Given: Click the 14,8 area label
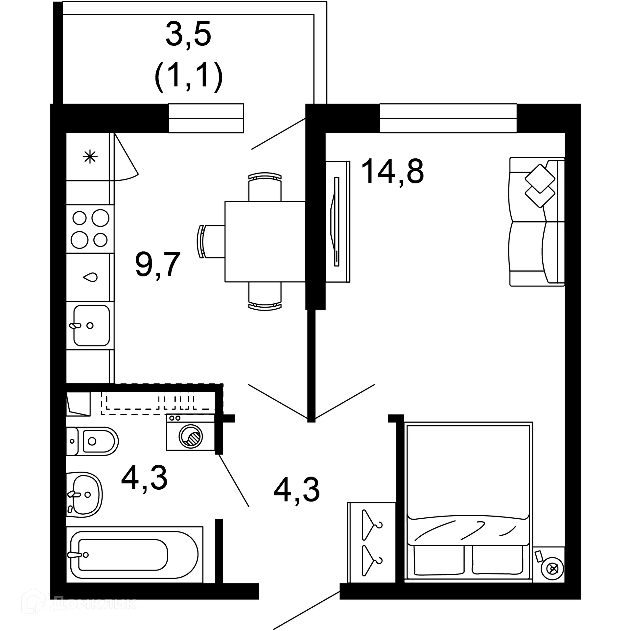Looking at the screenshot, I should click(x=392, y=171).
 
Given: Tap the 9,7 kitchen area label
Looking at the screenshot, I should click(x=158, y=264).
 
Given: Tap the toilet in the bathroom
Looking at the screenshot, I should click(x=92, y=441).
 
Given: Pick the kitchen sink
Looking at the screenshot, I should click(x=91, y=325).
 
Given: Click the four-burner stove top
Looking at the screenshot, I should click(x=90, y=229).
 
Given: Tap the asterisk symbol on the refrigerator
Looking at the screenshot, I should click(x=90, y=157).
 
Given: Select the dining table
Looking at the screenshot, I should click(x=265, y=241).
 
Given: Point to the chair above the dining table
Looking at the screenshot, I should click(x=265, y=187).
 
